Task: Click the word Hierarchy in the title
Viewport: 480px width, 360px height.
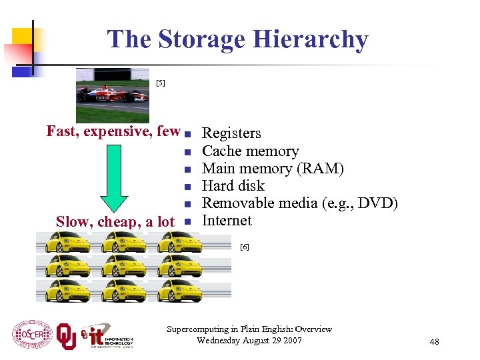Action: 316,40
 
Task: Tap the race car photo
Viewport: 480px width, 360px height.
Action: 112,95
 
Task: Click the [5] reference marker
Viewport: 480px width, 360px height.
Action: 160,83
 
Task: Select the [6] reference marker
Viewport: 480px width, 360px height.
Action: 244,247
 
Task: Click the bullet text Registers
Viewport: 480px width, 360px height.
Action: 231,133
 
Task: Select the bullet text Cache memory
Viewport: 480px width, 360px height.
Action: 250,151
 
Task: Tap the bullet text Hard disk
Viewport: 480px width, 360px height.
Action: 233,185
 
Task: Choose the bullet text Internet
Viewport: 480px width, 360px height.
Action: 227,220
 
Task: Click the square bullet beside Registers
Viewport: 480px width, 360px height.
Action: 188,134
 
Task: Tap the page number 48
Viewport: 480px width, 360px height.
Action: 434,342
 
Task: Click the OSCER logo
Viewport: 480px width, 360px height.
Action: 32,333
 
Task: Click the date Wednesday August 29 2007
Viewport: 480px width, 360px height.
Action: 249,341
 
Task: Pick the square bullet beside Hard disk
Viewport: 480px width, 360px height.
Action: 188,186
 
